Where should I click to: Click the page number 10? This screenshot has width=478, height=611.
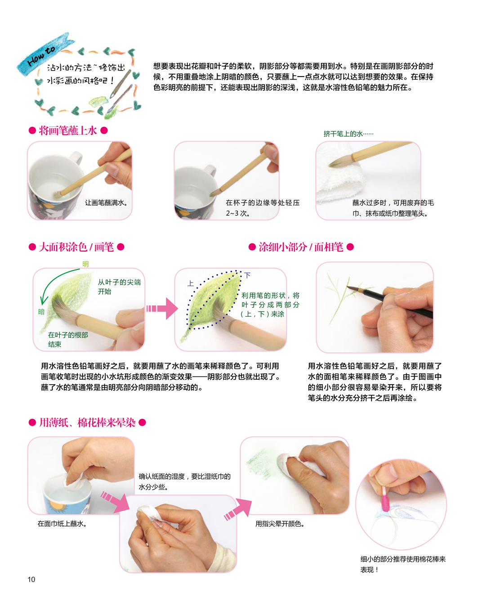point(31,579)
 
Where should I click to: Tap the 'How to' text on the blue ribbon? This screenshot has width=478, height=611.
point(41,56)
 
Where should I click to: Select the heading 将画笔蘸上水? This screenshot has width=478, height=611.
point(68,131)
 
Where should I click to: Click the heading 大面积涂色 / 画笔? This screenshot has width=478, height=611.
point(76,247)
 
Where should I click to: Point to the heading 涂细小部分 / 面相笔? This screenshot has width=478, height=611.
point(301,247)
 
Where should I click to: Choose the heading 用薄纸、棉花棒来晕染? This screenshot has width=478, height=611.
point(87,422)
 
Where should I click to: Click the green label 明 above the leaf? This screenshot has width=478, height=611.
point(85,264)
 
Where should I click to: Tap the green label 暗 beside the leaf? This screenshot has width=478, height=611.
point(41,311)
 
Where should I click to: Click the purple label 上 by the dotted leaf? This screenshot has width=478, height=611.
point(191,283)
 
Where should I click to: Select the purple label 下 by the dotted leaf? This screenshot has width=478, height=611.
point(247,275)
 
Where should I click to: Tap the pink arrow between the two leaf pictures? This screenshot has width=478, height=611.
point(162,309)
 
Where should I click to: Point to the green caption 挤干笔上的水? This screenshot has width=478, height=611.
point(348,134)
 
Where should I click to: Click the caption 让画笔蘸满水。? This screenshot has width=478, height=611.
point(106,203)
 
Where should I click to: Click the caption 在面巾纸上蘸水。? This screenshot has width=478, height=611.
point(62,524)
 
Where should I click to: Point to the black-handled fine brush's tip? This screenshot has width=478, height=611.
point(348,287)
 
